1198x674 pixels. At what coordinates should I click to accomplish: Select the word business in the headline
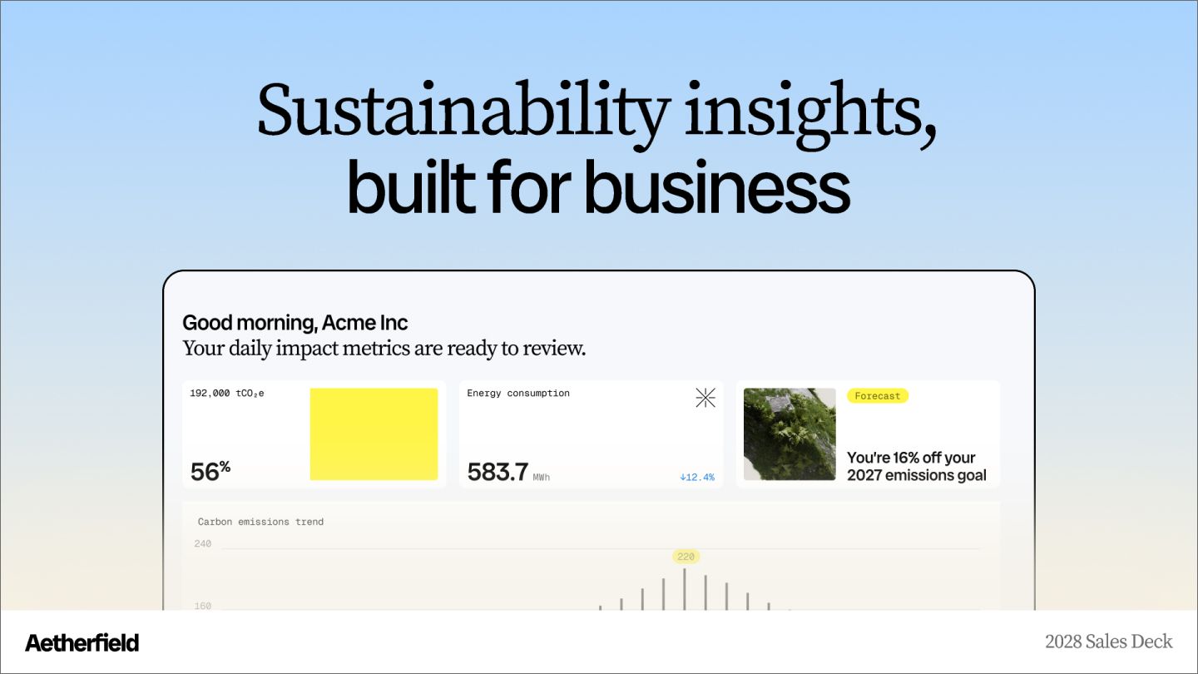point(717,187)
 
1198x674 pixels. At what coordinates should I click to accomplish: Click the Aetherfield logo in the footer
point(82,642)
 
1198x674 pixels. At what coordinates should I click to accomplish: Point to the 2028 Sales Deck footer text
point(1108,642)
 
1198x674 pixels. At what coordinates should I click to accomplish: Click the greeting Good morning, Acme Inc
point(295,323)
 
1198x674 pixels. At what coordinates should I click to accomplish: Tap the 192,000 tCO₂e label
point(227,393)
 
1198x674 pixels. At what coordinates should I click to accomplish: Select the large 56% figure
point(210,471)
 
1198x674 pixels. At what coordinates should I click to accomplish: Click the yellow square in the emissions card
point(374,434)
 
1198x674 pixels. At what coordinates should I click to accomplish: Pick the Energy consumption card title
point(518,393)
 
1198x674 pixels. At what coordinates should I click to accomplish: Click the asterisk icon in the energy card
point(705,398)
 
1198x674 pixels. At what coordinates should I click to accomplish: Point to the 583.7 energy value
point(498,472)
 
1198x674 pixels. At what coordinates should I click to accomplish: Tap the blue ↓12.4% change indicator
point(696,478)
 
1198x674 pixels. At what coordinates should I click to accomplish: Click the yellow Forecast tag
point(878,396)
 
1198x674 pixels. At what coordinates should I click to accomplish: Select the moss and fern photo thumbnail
point(790,434)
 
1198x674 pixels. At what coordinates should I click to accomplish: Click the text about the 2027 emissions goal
point(916,466)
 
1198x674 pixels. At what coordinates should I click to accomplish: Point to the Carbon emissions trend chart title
point(260,522)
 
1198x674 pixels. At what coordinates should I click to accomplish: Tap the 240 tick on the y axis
point(202,544)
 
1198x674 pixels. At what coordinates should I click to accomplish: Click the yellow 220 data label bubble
point(686,557)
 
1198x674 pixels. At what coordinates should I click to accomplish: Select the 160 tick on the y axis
point(202,606)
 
